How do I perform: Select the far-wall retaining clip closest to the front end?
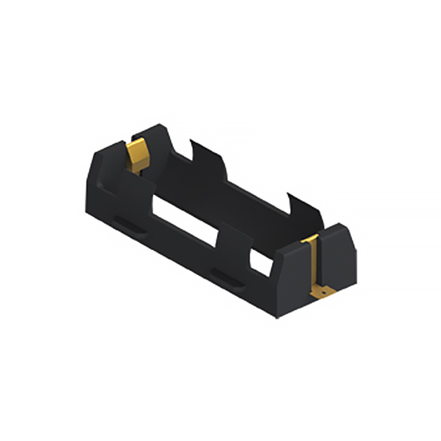point(303,210)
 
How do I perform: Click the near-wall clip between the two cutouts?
point(233,245)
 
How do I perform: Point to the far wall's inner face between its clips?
point(255,196)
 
